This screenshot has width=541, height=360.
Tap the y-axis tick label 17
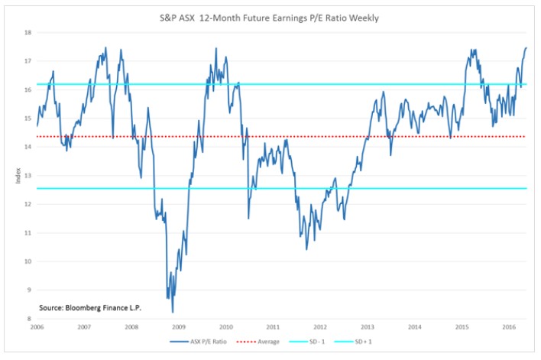pos(28,61)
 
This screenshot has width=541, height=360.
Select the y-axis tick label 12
pos(28,204)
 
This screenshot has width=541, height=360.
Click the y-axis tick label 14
pos(28,147)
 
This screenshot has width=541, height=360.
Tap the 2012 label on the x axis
pos(320,327)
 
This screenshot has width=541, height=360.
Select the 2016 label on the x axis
pos(508,327)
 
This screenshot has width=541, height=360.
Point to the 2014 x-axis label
pos(414,327)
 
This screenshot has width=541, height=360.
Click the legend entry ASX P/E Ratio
pos(204,342)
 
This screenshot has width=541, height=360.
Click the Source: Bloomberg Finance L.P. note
pos(90,308)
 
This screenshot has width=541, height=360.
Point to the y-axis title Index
pos(18,176)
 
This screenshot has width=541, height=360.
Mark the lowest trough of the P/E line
pos(173,312)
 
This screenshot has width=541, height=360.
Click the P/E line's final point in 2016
pos(526,47)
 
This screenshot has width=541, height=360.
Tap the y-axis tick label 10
pos(28,261)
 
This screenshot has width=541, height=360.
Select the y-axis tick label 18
pos(28,33)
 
